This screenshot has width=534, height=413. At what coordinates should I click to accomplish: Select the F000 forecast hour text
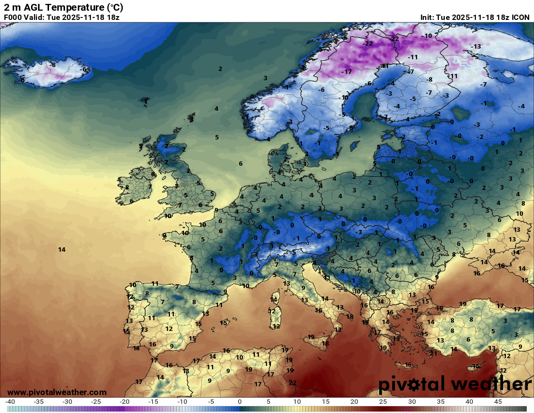coord(13,17)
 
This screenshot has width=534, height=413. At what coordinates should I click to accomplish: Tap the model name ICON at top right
coord(521,17)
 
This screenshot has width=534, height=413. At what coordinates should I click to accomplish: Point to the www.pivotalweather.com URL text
coord(57,392)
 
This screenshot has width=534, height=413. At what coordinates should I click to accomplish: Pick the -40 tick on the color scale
coord(10,402)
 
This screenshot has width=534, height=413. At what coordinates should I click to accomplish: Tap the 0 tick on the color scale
coord(240,402)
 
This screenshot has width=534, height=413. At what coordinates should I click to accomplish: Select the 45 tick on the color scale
coord(498,402)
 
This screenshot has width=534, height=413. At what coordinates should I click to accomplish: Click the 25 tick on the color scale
coord(383,402)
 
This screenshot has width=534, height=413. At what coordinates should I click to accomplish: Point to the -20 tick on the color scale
coord(125,402)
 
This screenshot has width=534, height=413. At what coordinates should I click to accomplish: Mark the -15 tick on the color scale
coord(153,402)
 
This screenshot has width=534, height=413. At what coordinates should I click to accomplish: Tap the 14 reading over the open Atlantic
coord(62,250)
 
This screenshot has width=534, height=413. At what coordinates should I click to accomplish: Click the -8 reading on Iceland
coord(53,65)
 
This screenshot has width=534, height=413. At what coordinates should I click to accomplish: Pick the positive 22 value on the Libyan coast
coord(293,383)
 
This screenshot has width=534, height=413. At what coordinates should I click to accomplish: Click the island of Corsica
coord(275,297)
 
